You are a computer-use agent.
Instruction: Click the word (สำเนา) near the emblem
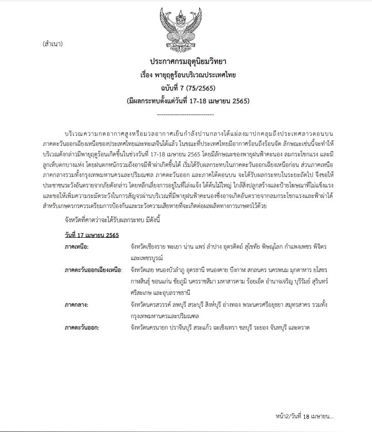point(52,44)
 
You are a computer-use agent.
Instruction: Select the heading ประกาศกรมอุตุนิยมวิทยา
point(189,61)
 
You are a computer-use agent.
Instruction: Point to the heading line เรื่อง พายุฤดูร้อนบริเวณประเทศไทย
point(188,75)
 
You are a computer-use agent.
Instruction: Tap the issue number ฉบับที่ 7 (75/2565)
point(188,87)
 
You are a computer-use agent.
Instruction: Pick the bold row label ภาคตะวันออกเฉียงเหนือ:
point(93,270)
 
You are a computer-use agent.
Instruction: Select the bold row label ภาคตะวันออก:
point(82,327)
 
